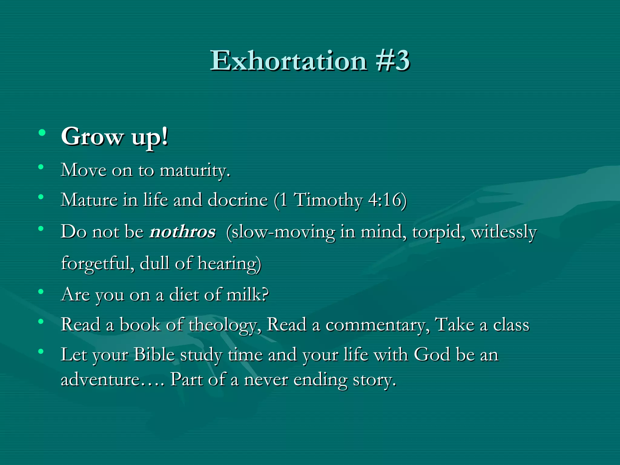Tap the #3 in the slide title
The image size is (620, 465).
(393, 61)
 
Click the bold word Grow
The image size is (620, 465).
(92, 137)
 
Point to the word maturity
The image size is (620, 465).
(194, 170)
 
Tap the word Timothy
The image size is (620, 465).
(328, 200)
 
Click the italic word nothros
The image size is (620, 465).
(183, 232)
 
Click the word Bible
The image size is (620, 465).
(154, 355)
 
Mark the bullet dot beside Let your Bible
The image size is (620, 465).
(41, 351)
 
